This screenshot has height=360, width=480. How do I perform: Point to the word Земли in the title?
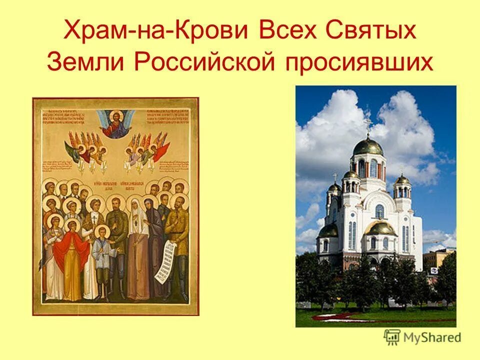(x=83, y=62)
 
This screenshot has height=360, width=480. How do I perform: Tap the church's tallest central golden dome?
(x=368, y=146)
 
